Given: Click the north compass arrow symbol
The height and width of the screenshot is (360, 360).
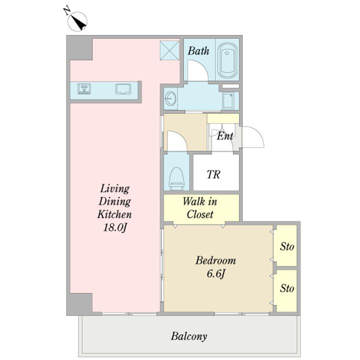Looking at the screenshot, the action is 77,21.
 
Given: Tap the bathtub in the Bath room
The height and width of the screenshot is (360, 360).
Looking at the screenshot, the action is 227,60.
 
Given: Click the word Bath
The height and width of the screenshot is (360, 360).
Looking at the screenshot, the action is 198,51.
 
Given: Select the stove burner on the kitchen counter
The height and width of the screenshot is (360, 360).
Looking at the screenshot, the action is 84,89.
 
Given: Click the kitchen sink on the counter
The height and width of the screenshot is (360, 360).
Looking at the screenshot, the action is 123,89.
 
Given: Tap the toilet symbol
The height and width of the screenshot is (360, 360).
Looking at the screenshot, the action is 177,178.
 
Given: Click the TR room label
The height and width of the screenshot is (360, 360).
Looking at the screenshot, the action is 213,174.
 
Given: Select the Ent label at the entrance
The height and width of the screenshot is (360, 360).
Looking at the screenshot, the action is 225,136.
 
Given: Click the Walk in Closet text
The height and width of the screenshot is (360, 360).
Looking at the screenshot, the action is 200,208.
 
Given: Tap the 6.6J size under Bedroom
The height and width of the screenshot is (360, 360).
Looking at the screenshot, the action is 216,274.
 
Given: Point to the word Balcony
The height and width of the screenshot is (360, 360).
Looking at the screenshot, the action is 189,336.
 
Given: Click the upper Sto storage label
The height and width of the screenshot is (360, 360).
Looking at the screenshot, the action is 287,247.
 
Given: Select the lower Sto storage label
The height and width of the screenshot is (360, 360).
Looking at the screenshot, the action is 287,288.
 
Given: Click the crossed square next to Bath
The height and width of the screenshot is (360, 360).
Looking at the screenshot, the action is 169,50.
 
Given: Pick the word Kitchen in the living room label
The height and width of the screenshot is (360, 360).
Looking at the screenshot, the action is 114,214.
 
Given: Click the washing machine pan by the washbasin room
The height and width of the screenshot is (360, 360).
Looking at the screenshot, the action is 228,101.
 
